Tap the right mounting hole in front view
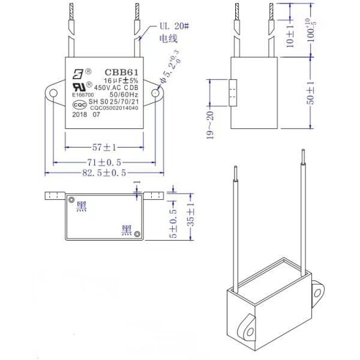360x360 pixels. (x=155, y=94)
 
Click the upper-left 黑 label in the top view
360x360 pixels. (x=82, y=207)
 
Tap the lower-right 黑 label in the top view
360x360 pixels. (x=127, y=230)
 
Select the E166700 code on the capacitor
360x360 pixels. (x=83, y=95)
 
